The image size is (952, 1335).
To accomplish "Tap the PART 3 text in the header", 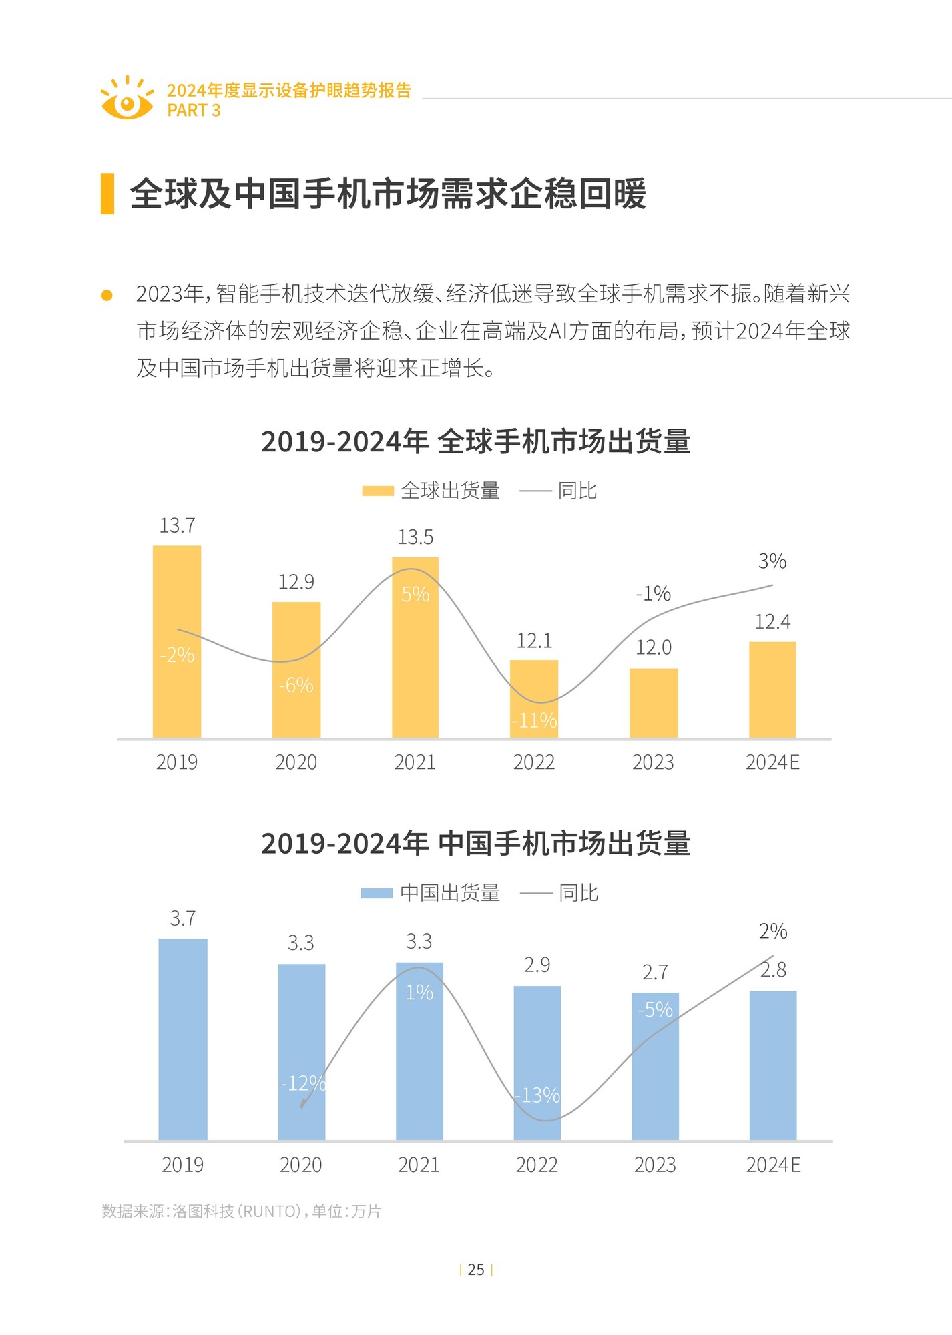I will click(194, 111).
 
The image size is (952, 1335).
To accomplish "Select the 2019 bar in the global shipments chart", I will click(177, 641).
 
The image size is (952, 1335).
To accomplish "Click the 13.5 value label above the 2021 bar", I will click(415, 537).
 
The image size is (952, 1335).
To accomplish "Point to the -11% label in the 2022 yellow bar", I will click(534, 720).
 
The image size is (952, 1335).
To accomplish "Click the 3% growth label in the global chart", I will click(772, 561).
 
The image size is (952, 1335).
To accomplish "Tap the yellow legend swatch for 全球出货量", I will click(378, 491).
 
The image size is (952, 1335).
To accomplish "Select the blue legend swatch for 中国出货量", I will click(377, 893).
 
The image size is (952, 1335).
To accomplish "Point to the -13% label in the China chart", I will click(538, 1095).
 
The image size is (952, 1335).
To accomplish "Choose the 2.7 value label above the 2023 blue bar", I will click(655, 973).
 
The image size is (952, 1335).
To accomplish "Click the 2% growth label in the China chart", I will click(773, 931).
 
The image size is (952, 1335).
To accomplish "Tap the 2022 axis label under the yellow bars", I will click(534, 762).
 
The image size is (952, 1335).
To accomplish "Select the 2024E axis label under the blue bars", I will click(773, 1165).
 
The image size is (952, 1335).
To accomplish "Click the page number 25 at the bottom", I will click(476, 1270).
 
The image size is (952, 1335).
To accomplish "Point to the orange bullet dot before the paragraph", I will click(107, 295).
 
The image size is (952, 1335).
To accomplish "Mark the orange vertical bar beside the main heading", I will click(107, 194).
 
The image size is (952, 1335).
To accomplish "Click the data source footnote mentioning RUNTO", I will click(241, 1211).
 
